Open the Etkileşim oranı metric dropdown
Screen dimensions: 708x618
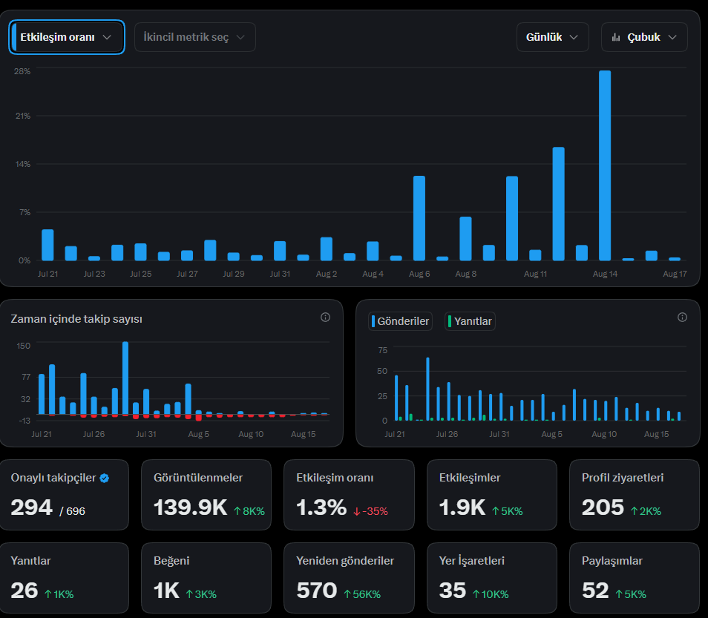[x=66, y=37]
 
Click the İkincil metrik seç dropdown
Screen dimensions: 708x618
[x=195, y=37]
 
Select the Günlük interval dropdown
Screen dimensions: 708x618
[x=552, y=37]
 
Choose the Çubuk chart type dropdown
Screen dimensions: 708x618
[x=644, y=37]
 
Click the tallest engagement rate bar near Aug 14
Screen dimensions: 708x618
[x=605, y=165]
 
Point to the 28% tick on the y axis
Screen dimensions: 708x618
[x=22, y=71]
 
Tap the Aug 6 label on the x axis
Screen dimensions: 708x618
[x=419, y=274]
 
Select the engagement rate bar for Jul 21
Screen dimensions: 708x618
[x=47, y=245]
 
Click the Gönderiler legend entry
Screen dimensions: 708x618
[x=400, y=321]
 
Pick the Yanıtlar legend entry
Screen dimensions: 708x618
[x=470, y=321]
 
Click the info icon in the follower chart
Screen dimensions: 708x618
[x=325, y=318]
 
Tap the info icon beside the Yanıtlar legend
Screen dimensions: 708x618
[x=682, y=318]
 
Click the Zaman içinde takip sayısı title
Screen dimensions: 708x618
[x=76, y=319]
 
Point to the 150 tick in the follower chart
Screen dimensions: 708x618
[x=24, y=346]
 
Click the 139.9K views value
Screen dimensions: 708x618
[x=190, y=507]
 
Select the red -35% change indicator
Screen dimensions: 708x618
[x=370, y=511]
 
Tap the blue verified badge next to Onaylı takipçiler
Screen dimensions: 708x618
[x=105, y=478]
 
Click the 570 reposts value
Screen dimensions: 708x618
[x=317, y=591]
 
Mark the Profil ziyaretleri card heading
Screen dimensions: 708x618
[x=623, y=478]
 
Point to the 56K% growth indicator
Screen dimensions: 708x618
[x=362, y=594]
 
